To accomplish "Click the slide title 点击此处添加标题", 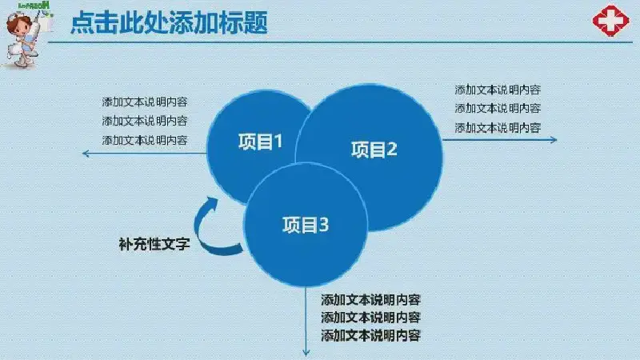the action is [x=169, y=22].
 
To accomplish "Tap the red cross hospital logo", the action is [x=610, y=21].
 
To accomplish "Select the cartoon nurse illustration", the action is [x=25, y=38].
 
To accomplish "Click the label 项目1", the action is [x=261, y=142].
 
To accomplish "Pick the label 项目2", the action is [x=374, y=150].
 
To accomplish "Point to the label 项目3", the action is [x=306, y=225].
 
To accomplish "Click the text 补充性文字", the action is [x=154, y=244].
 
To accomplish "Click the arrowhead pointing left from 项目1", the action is [x=86, y=154].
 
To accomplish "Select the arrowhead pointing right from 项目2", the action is [x=554, y=139].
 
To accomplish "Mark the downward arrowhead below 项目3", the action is [x=306, y=352].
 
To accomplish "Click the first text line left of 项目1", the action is [x=145, y=102].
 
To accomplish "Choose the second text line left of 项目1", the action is [x=145, y=121].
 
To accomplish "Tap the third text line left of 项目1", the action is [x=145, y=140].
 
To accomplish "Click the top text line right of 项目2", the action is [x=498, y=90].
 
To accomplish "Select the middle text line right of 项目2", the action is [x=498, y=108].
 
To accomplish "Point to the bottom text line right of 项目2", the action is [x=498, y=128].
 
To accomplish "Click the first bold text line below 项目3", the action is [x=370, y=300].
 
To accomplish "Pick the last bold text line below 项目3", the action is [x=370, y=335].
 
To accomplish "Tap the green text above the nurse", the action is [x=34, y=6].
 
